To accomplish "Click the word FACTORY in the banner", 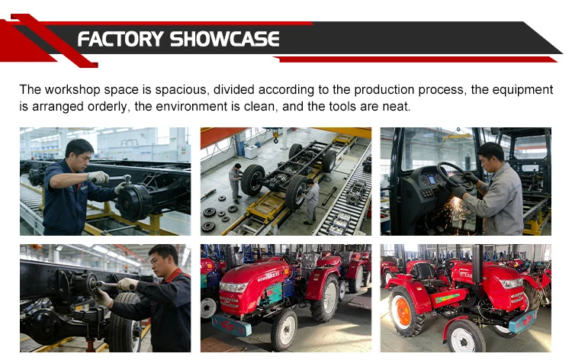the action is click(x=121, y=39).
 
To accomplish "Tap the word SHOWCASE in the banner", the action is click(x=225, y=39).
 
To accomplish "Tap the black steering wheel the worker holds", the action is click(x=451, y=175).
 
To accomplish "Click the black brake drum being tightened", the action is click(x=133, y=201).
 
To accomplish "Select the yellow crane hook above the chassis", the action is click(x=276, y=137).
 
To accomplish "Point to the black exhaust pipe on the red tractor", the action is click(x=477, y=264).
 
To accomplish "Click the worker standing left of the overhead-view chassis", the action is click(x=236, y=183).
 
